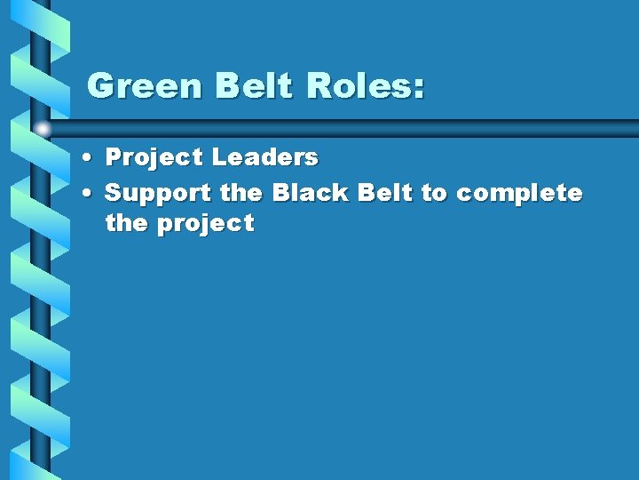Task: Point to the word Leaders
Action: click(x=264, y=157)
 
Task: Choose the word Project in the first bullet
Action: click(x=154, y=158)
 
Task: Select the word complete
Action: click(x=519, y=194)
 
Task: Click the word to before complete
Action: click(x=434, y=193)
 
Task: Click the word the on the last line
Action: click(x=127, y=223)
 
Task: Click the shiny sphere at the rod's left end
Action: click(x=43, y=129)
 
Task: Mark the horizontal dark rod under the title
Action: click(x=355, y=127)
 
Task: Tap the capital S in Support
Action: click(x=114, y=192)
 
